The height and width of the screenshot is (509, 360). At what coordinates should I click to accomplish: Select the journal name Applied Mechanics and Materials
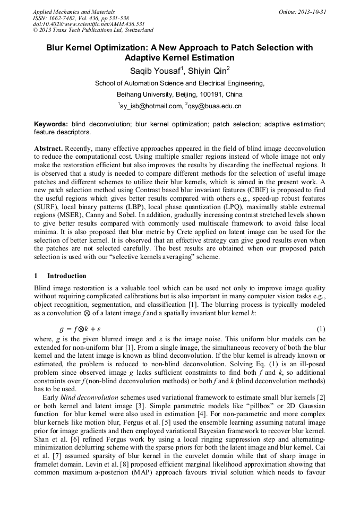pos(66,12)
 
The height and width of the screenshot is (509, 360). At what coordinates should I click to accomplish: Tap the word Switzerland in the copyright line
pos(136,31)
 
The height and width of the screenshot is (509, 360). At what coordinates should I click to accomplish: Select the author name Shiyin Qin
pos(209,71)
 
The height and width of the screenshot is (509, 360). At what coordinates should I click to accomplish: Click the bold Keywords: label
pos(51,124)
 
